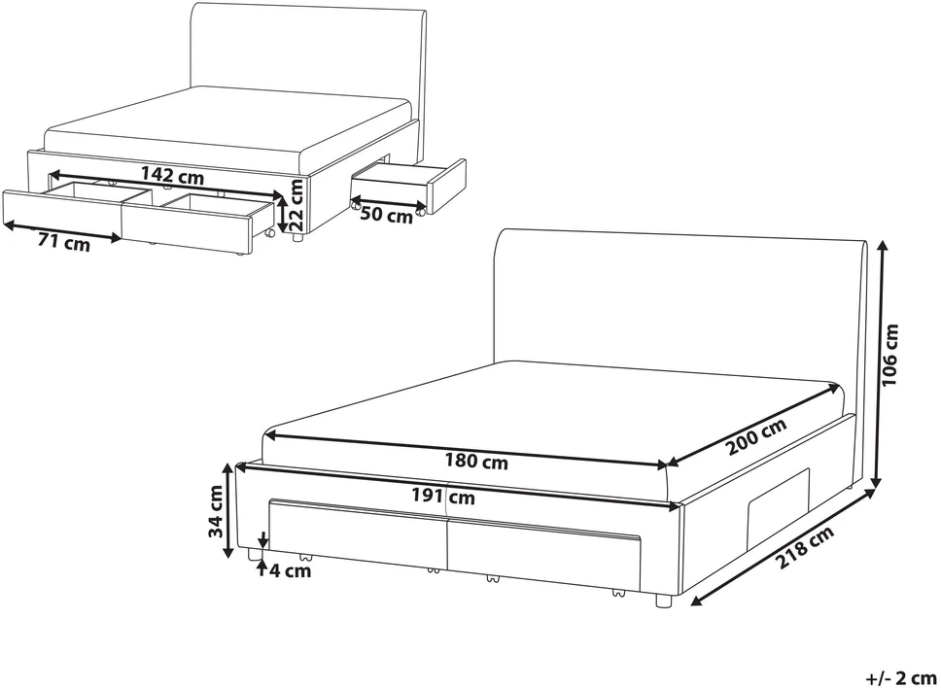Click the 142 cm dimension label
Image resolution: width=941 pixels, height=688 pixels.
click(172, 176)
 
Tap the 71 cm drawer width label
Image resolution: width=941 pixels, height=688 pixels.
click(63, 243)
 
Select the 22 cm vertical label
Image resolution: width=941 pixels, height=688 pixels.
click(296, 205)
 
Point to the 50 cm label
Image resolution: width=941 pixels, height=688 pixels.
click(387, 215)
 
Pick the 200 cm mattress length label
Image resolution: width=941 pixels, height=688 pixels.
click(755, 436)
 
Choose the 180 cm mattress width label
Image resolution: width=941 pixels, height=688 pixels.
click(476, 462)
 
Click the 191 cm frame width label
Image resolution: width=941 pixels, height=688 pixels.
click(443, 496)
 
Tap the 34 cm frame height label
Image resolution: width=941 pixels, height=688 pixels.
click(215, 511)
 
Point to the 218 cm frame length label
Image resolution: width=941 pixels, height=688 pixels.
click(805, 548)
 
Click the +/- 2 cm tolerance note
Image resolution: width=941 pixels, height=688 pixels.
click(901, 678)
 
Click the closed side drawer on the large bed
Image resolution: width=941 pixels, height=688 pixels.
click(779, 496)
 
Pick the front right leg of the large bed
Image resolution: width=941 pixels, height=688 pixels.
click(662, 601)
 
